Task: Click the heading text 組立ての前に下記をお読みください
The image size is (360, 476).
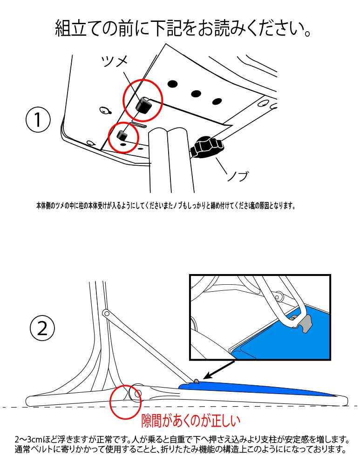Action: pyautogui.click(x=183, y=29)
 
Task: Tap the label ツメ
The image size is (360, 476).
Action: pyautogui.click(x=114, y=61)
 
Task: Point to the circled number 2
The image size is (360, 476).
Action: pyautogui.click(x=42, y=329)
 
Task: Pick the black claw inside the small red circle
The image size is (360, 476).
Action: pyautogui.click(x=123, y=135)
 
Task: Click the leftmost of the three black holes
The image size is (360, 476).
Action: pyautogui.click(x=173, y=84)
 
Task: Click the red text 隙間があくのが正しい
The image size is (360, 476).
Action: pyautogui.click(x=190, y=421)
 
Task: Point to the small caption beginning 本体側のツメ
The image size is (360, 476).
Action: pyautogui.click(x=165, y=205)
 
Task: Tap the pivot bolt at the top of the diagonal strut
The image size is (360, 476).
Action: pyautogui.click(x=106, y=313)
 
